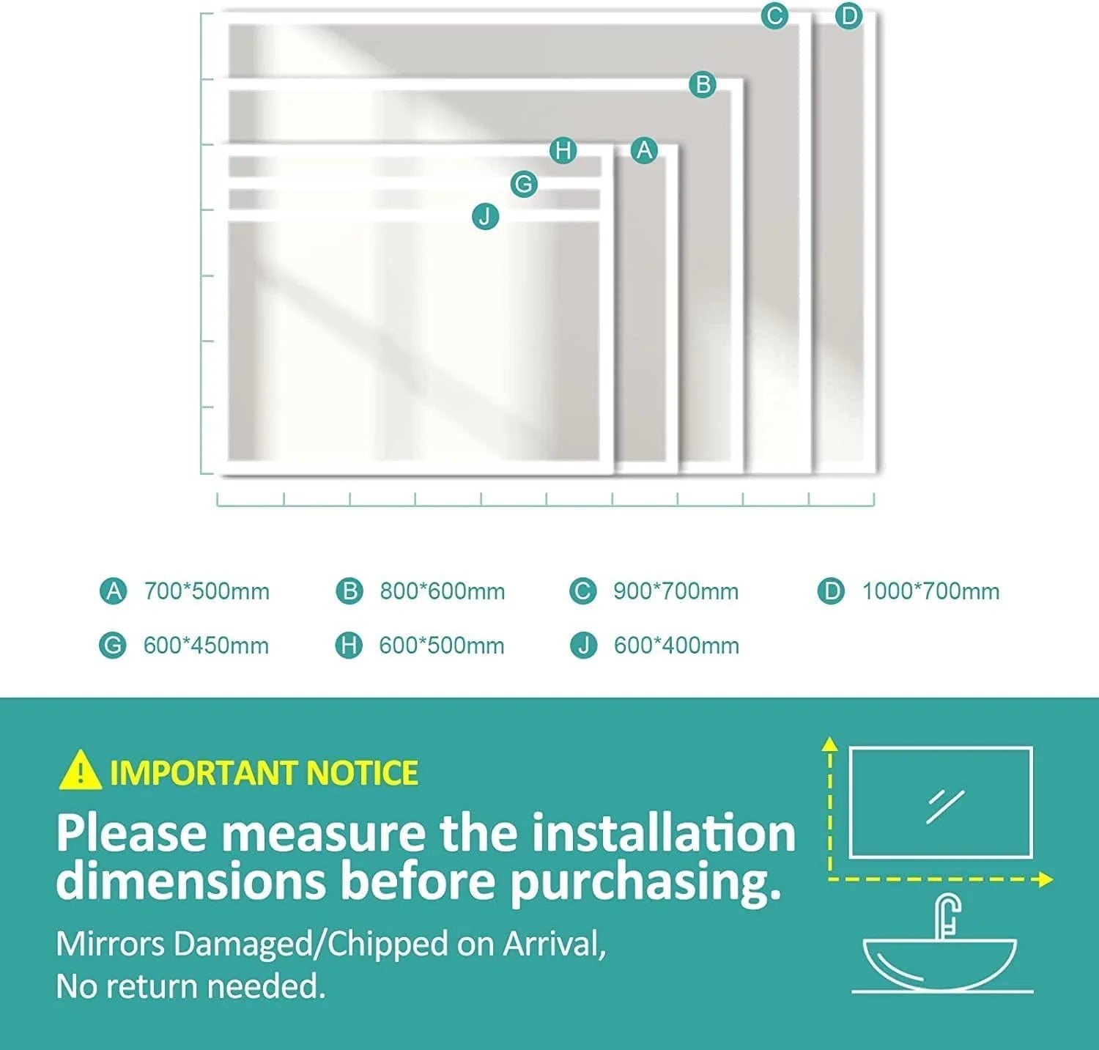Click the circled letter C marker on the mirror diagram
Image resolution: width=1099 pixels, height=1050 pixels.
click(x=774, y=15)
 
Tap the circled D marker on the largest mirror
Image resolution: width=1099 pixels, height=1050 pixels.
click(x=848, y=15)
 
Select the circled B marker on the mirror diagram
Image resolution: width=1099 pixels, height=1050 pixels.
click(x=703, y=84)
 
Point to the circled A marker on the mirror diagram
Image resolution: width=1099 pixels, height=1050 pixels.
click(x=644, y=150)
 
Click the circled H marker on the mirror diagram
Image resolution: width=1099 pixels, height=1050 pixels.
click(x=563, y=151)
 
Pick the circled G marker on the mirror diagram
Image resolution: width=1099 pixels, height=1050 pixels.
click(x=524, y=183)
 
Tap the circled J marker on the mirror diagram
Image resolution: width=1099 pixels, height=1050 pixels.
click(x=485, y=216)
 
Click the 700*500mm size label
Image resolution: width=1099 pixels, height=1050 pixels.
click(x=207, y=591)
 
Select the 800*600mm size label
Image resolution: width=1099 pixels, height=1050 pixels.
click(x=442, y=591)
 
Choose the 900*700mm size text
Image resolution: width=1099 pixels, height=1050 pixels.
click(x=676, y=591)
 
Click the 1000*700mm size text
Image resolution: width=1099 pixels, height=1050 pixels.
click(x=930, y=591)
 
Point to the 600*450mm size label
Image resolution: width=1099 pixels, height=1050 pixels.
click(x=206, y=646)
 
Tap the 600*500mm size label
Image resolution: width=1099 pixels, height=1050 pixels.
click(x=441, y=646)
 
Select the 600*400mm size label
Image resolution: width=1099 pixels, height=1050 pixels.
click(x=676, y=646)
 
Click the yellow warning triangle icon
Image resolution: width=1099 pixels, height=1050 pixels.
click(x=80, y=771)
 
